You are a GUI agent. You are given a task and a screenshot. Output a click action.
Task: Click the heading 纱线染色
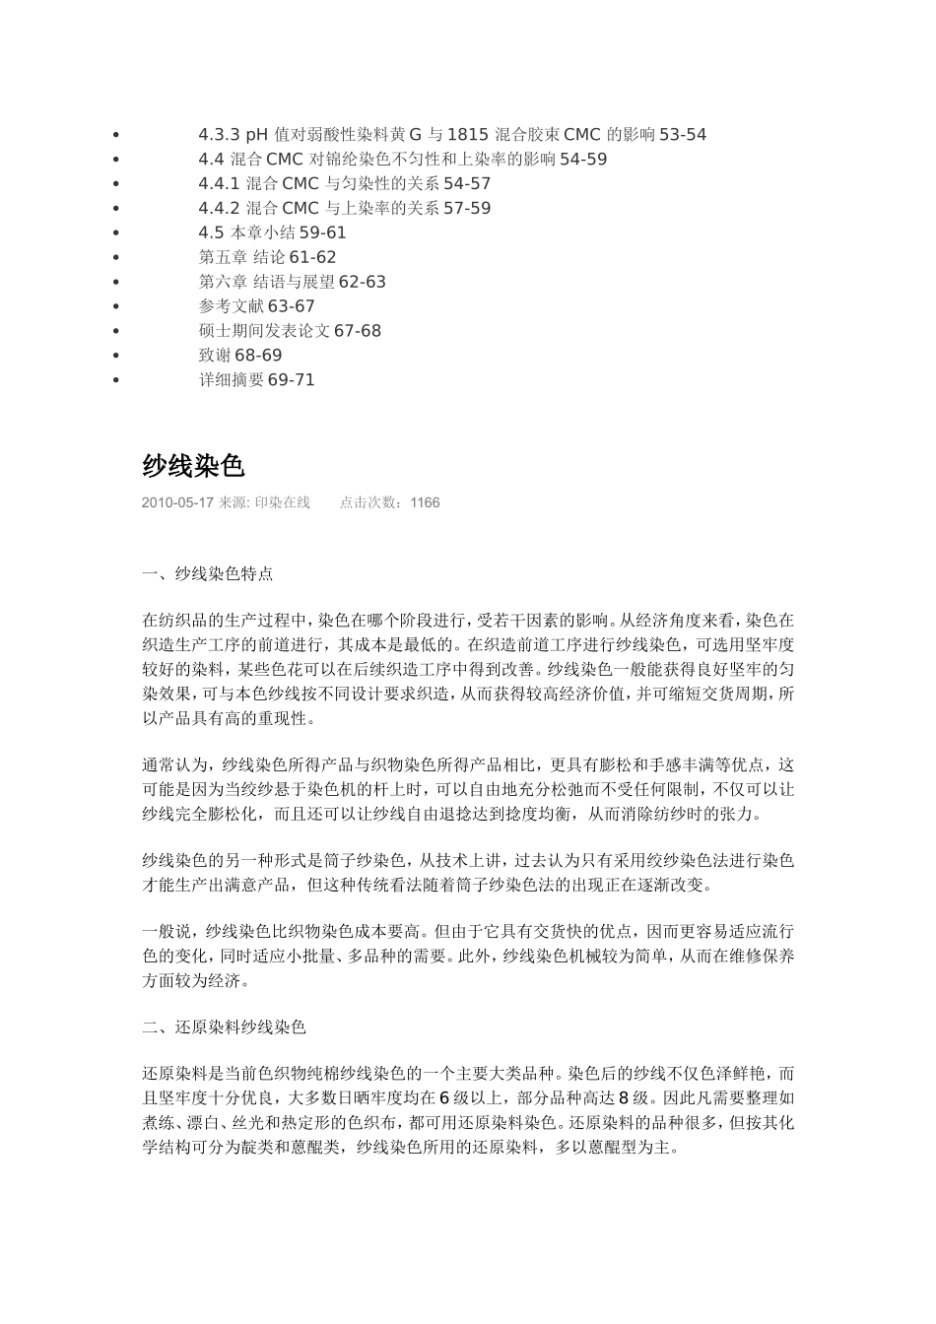coord(193,466)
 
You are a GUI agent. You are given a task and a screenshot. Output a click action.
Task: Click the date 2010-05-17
coord(177,502)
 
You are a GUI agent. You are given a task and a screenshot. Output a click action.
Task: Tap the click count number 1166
coord(425,502)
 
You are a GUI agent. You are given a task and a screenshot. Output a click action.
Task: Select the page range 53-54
coord(683,135)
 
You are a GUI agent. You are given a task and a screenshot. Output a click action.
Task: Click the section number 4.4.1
coord(220,184)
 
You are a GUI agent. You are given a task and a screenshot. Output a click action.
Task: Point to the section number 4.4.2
coord(220,209)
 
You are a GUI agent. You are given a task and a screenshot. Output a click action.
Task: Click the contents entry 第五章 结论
coord(241,258)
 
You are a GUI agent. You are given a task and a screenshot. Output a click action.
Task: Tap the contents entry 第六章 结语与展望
coord(266,283)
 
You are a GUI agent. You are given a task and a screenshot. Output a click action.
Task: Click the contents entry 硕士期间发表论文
coord(264,331)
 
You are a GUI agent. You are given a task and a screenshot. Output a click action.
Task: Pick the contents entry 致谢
coord(216,356)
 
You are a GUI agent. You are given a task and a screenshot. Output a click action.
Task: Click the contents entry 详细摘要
coord(232,380)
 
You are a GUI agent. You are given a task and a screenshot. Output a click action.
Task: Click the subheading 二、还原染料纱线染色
coord(225,1027)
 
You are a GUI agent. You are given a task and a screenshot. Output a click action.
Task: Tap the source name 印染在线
coord(283,502)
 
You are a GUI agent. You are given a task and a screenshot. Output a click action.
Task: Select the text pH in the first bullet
coord(256,135)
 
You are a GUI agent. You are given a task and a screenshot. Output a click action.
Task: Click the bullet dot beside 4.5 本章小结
coord(116,233)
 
